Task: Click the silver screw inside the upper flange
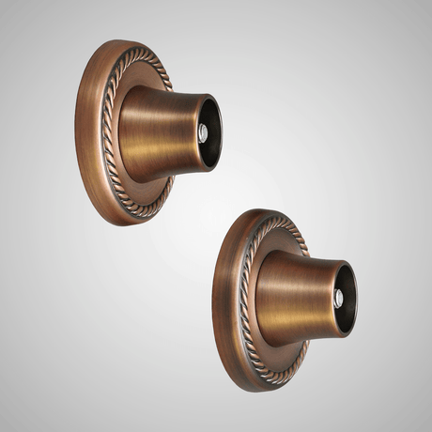click(203, 134)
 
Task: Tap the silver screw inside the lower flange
click(339, 300)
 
